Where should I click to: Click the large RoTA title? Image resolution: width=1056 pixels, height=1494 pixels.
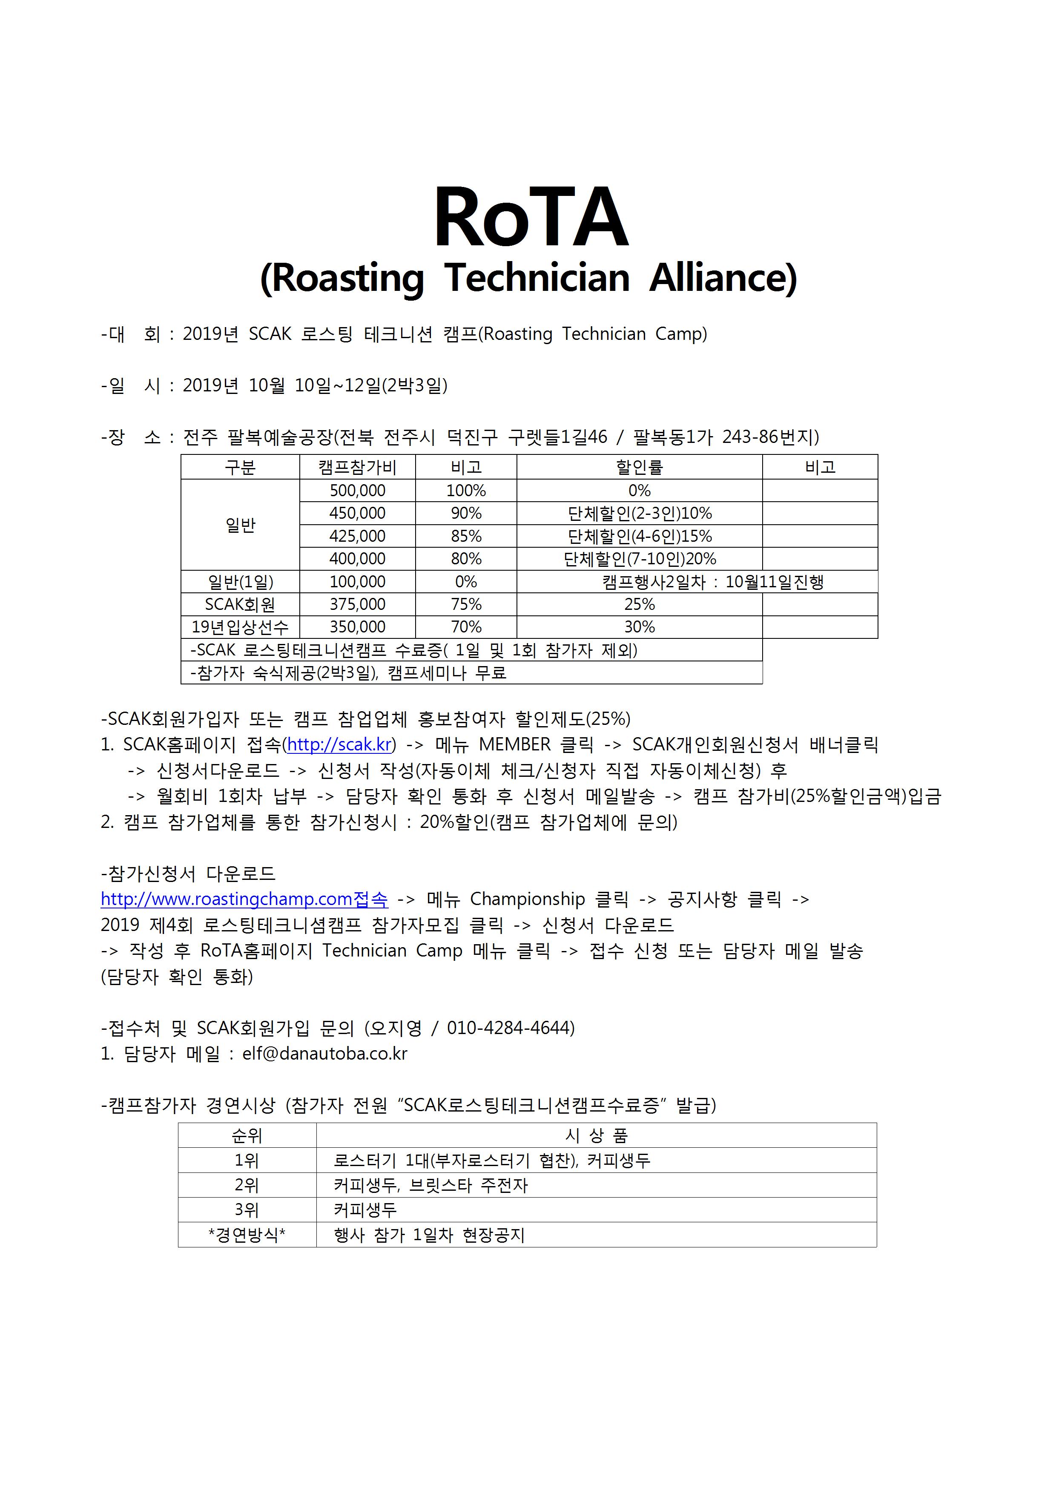[x=531, y=218]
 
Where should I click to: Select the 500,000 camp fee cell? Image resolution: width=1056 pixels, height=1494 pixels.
[x=357, y=491]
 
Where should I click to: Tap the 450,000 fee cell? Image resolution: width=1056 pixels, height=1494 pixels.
[x=357, y=513]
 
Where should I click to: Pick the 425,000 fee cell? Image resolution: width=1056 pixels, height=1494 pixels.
[x=357, y=536]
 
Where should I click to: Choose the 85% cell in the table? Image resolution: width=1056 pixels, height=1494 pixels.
[x=466, y=536]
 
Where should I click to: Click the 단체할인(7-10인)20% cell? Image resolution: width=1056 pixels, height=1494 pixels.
[x=640, y=559]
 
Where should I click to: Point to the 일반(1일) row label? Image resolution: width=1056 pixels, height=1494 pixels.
[x=240, y=582]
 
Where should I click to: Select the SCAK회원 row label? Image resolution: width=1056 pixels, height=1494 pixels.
[x=240, y=604]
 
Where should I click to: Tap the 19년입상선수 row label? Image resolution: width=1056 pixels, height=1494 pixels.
[x=240, y=627]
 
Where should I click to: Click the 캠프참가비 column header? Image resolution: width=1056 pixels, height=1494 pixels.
[x=357, y=467]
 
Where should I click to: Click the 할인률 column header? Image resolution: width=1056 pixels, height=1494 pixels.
[x=640, y=467]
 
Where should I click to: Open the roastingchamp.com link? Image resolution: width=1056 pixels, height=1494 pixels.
[x=244, y=899]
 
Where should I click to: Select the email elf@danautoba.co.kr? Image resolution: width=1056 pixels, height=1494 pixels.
[x=324, y=1054]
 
